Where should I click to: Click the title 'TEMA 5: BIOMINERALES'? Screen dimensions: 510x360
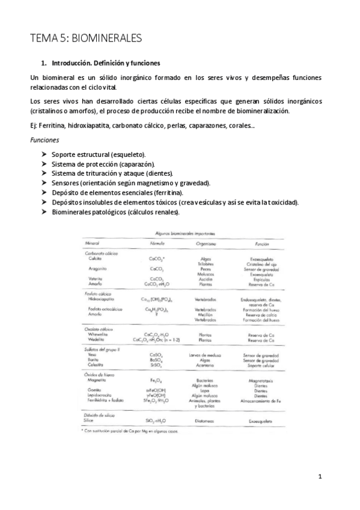(86, 39)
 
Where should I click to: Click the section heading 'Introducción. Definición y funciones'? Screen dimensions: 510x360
(106, 63)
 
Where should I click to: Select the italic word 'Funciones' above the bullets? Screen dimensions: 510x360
(44, 140)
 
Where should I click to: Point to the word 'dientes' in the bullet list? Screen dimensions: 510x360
(159, 173)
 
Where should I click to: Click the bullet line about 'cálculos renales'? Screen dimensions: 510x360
(115, 212)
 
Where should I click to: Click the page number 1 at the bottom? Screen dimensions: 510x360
(320, 478)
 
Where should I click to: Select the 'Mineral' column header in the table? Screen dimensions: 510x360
(92, 243)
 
